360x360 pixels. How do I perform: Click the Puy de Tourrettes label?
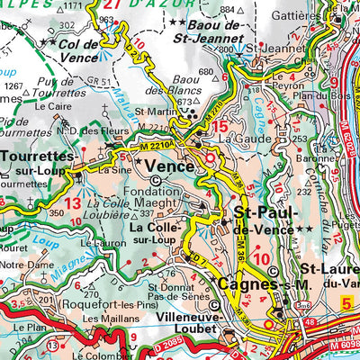point(50,89)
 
